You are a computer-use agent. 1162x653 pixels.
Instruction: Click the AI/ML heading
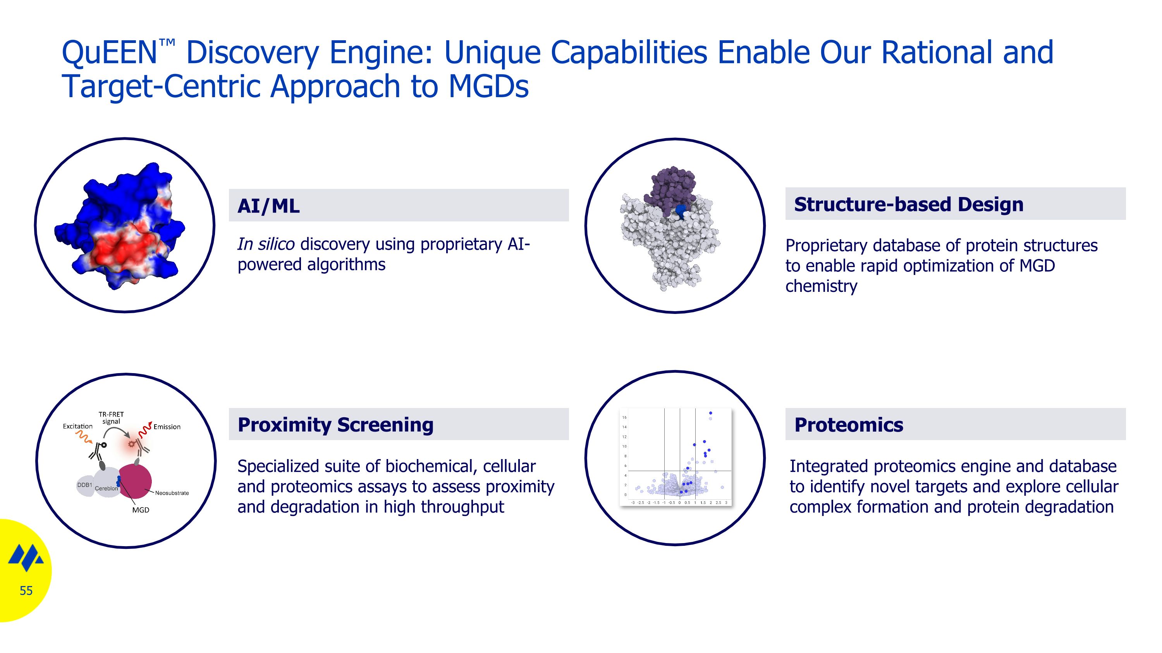click(x=268, y=206)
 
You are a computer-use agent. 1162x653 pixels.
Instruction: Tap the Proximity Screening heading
click(x=335, y=425)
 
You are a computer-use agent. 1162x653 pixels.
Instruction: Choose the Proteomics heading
click(x=849, y=425)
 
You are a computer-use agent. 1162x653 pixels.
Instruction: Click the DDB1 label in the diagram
click(x=84, y=485)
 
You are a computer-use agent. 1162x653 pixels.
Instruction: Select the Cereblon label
click(x=107, y=488)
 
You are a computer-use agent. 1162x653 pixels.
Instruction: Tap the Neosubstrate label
click(x=172, y=493)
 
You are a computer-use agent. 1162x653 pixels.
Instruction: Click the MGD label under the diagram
click(x=140, y=510)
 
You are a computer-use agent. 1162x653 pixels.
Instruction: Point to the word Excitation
click(x=77, y=426)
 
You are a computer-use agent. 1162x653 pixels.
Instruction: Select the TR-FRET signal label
click(x=111, y=418)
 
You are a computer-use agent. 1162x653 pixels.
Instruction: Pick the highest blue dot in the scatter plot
click(x=710, y=413)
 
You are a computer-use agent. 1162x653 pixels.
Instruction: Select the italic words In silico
click(x=266, y=244)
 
